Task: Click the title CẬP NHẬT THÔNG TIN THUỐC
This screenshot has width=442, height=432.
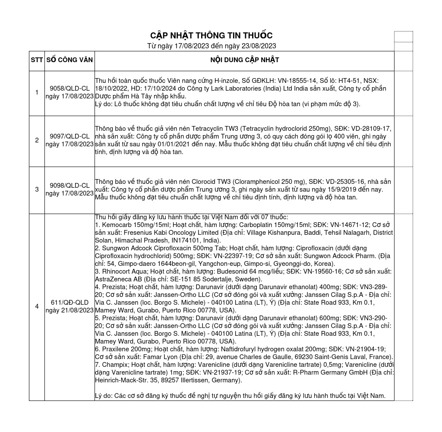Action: [x=211, y=35]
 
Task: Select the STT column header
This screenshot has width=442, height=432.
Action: [x=37, y=60]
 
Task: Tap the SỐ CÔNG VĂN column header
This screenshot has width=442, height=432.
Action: [x=69, y=60]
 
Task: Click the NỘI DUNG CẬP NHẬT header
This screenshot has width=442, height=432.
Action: [x=244, y=60]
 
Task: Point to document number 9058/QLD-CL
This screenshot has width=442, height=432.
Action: [x=69, y=88]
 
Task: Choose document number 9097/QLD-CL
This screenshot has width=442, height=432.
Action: [x=69, y=136]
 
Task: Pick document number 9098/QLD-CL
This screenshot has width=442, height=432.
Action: [x=69, y=186]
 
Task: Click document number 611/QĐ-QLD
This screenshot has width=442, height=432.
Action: [x=69, y=303]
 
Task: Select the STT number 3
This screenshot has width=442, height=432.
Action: [x=37, y=189]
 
